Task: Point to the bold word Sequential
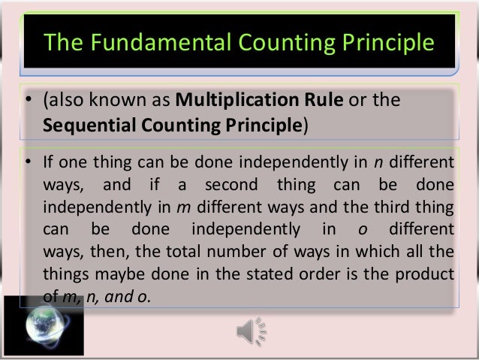(82, 124)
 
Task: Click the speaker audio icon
(250, 328)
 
